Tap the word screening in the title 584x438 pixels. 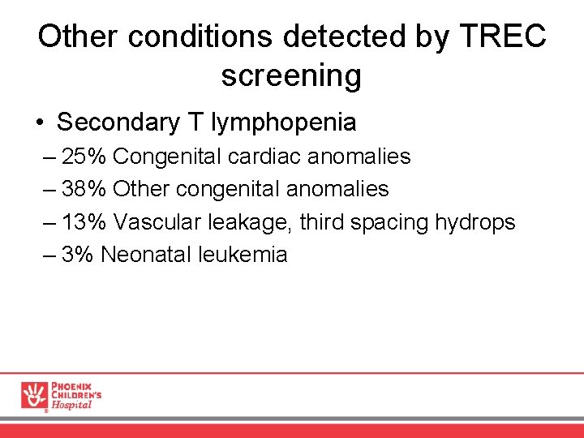pos(291,75)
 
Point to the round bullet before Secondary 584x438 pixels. pos(40,123)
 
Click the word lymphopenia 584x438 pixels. pos(283,123)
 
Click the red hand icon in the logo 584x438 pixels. pos(34,394)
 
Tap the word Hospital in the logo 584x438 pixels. pos(71,405)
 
